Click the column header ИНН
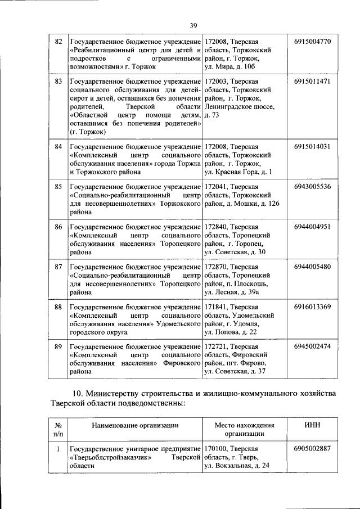pos(312,426)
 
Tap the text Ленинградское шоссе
pos(240,106)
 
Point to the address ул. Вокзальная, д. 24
pos(237,466)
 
